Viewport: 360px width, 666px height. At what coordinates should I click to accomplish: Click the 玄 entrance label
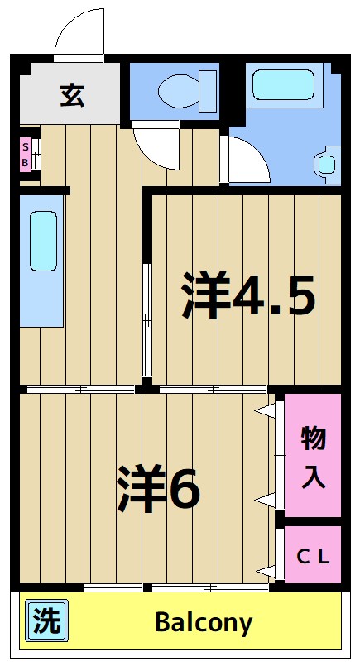[x=71, y=95]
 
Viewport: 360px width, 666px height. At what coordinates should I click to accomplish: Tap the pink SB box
[x=26, y=155]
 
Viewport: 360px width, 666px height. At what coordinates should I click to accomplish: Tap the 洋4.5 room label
[x=248, y=295]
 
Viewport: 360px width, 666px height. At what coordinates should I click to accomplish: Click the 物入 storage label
[x=312, y=458]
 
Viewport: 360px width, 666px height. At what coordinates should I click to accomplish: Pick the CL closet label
[x=314, y=556]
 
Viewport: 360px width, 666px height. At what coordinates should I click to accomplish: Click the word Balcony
[x=203, y=622]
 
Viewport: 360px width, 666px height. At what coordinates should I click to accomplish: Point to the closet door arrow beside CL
[x=265, y=570]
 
